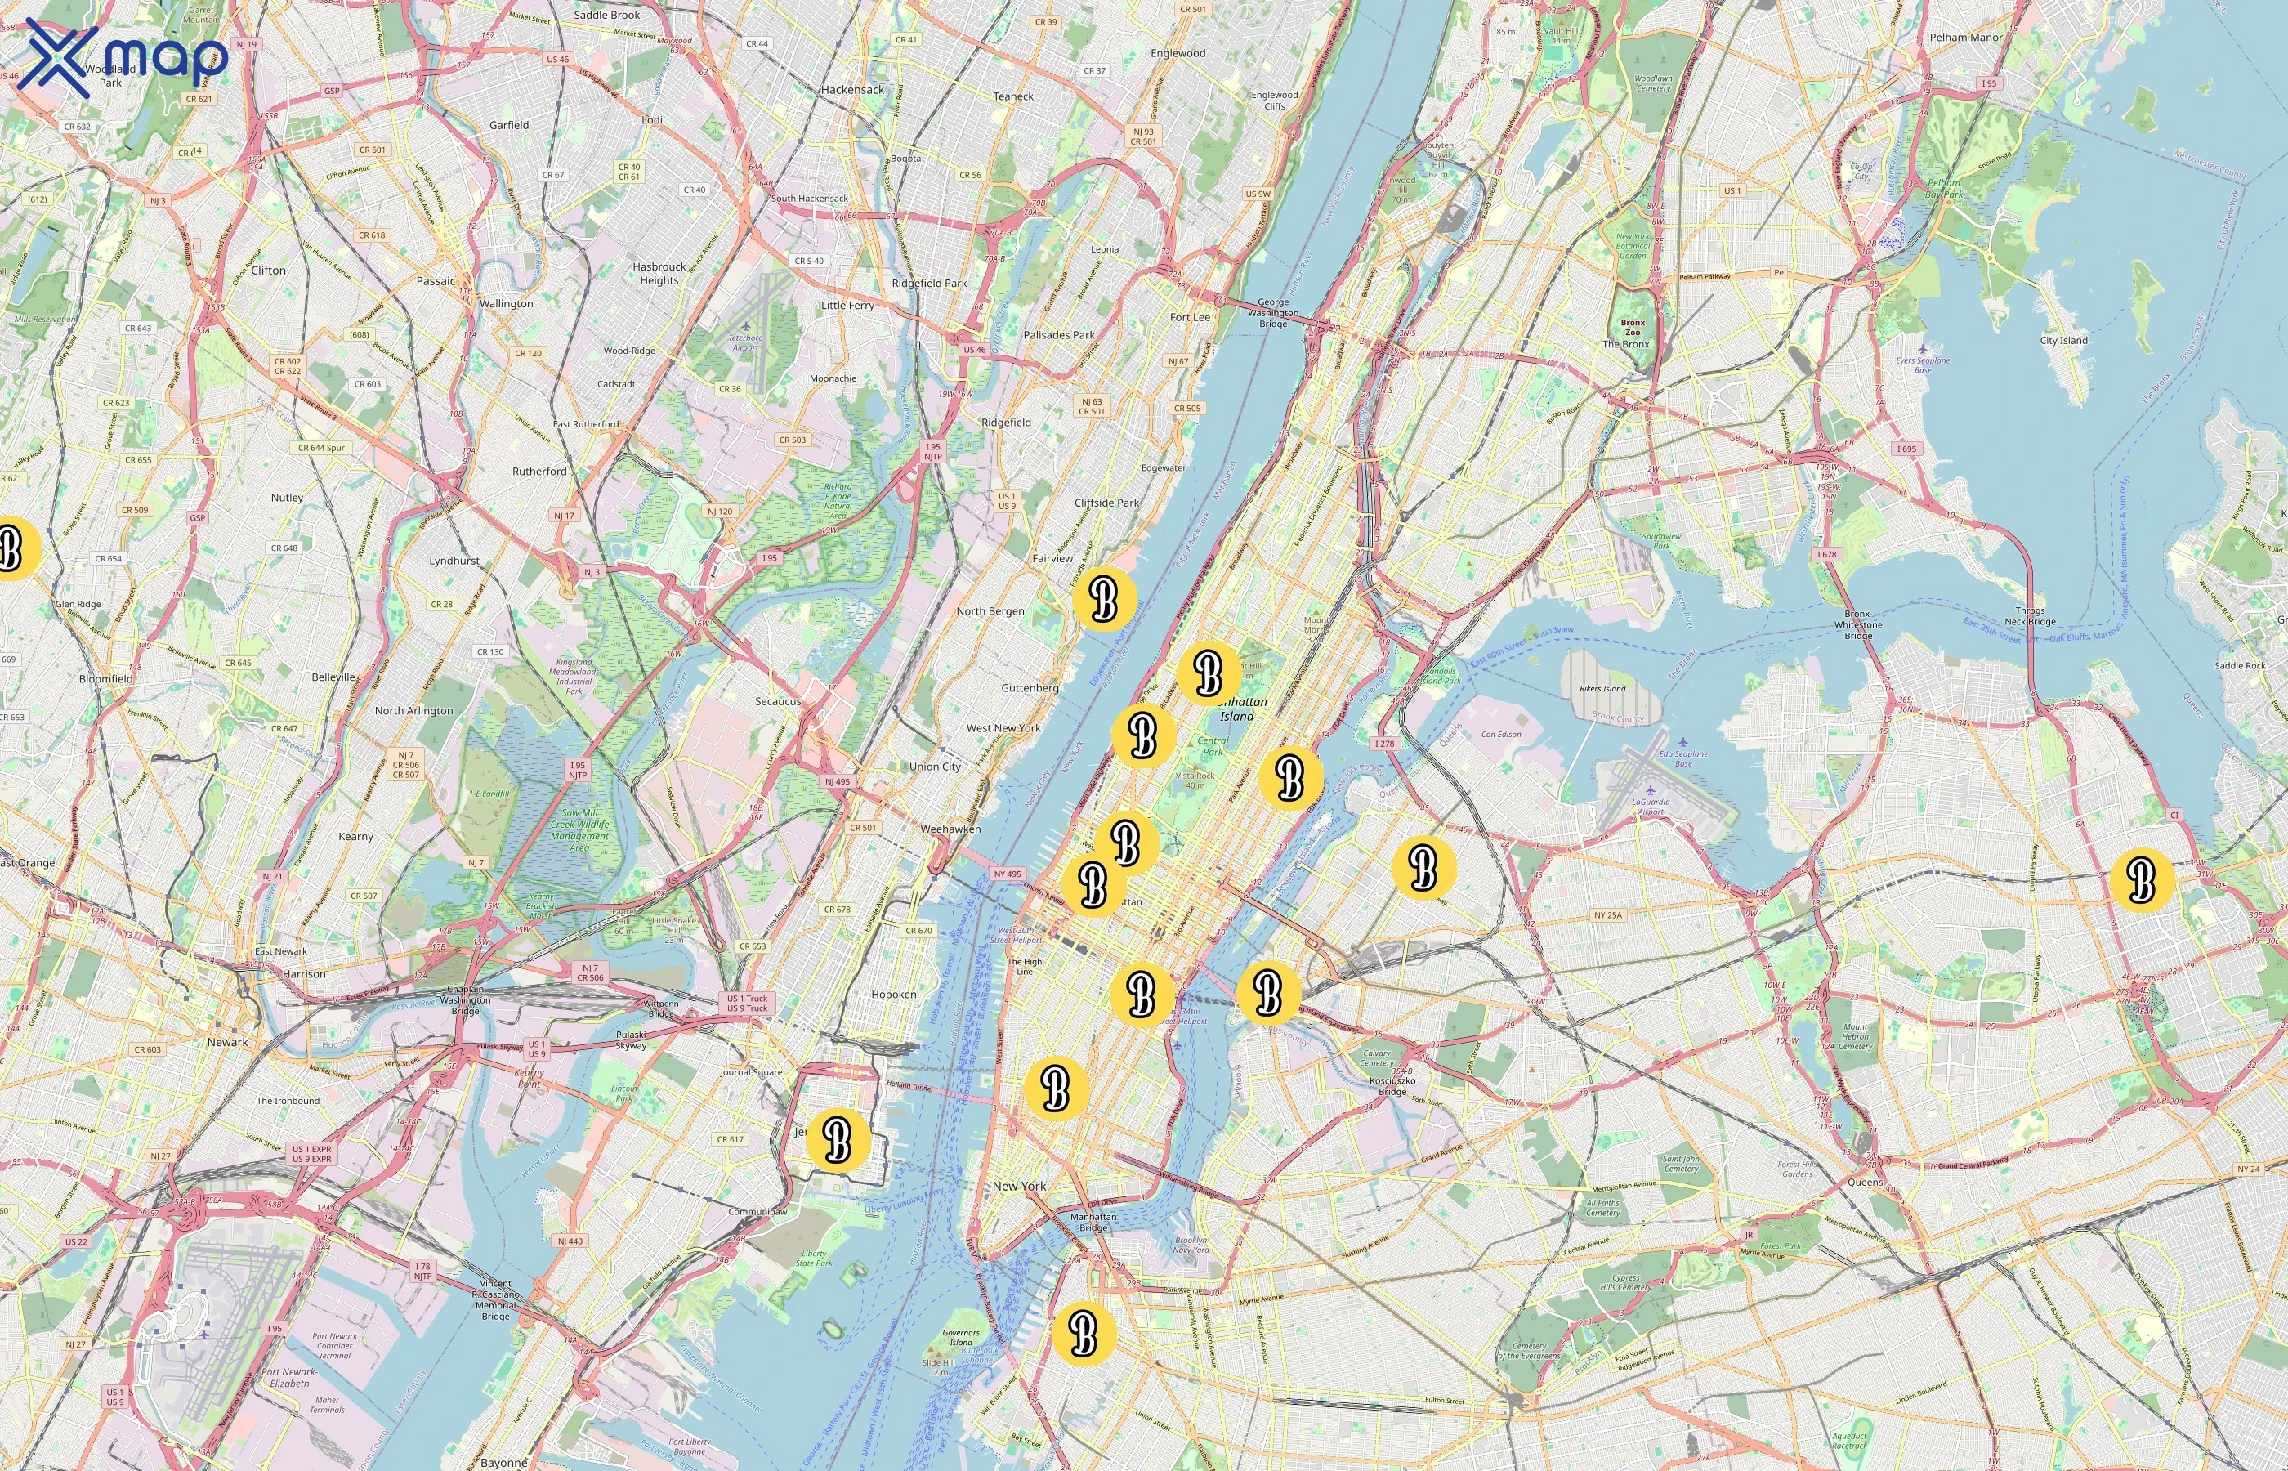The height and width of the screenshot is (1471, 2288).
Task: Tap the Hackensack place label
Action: pyautogui.click(x=851, y=90)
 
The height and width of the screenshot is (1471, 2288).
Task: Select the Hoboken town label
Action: pyautogui.click(x=893, y=995)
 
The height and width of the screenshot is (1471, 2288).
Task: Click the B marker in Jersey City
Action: pyautogui.click(x=838, y=1138)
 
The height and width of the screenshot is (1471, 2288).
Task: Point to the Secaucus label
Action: pyautogui.click(x=777, y=701)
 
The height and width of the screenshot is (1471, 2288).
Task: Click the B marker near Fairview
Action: pyautogui.click(x=1104, y=599)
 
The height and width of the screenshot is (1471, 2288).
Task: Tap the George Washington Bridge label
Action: pyautogui.click(x=1272, y=312)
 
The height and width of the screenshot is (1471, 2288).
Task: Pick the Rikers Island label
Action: pyautogui.click(x=1602, y=689)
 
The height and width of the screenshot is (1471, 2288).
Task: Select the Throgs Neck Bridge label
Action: pyautogui.click(x=2029, y=616)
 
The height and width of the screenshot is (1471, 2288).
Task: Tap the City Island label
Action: pyautogui.click(x=2063, y=340)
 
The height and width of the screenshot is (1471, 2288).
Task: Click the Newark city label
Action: pyautogui.click(x=227, y=1042)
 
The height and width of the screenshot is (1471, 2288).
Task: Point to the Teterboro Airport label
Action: pyautogui.click(x=745, y=342)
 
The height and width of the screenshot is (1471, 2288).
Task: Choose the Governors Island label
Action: pyautogui.click(x=961, y=1337)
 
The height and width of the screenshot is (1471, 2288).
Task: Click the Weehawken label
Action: pyautogui.click(x=950, y=829)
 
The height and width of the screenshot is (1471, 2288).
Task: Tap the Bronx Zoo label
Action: pyautogui.click(x=1632, y=328)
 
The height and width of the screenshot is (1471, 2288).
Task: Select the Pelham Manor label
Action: pyautogui.click(x=1966, y=38)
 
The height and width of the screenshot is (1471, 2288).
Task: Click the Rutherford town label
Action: pyautogui.click(x=539, y=471)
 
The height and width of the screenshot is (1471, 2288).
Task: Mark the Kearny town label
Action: pyautogui.click(x=355, y=836)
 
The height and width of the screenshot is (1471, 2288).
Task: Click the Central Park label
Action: pyautogui.click(x=1213, y=746)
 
